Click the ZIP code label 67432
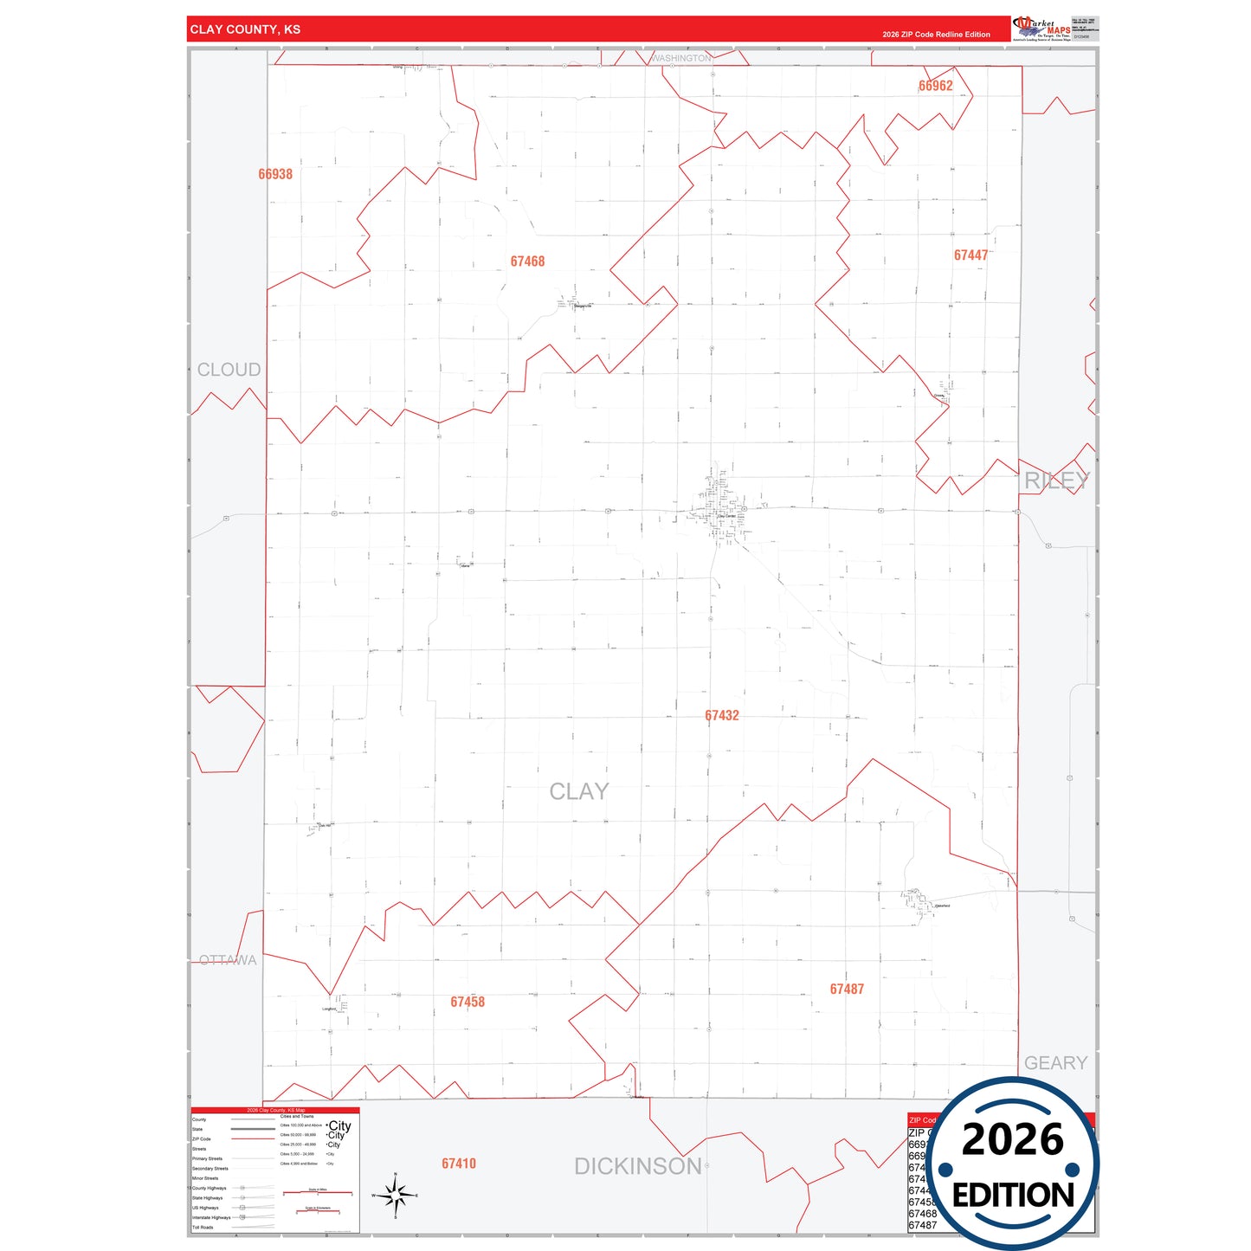pos(721,715)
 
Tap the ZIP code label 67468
pos(527,261)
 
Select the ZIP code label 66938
pos(275,174)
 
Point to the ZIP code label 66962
pos(935,86)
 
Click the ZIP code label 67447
pos(970,255)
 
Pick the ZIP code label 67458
pos(468,1002)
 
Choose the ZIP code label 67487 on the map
pos(847,989)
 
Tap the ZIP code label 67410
pos(459,1164)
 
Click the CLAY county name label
pos(579,791)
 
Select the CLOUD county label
pos(229,370)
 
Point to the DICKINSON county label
pos(638,1166)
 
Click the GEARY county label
pos(1055,1062)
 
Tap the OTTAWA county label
pos(228,960)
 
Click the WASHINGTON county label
pos(681,58)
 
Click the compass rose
pos(397,1196)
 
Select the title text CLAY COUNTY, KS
pos(245,29)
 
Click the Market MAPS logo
pos(1041,29)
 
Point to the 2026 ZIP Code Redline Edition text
pos(936,35)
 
